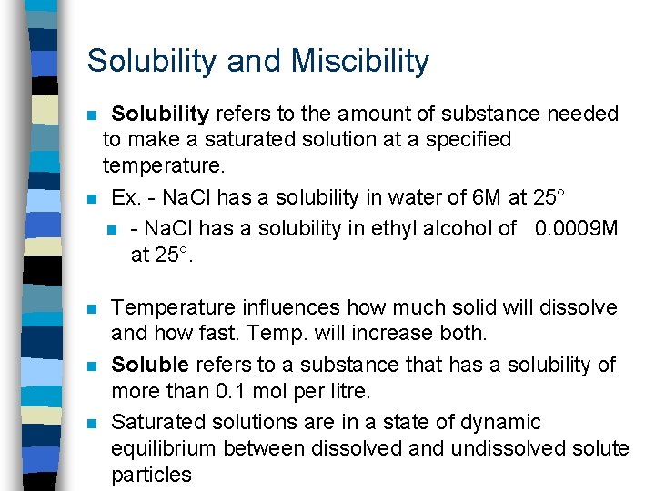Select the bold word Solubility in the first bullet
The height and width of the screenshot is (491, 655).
(160, 115)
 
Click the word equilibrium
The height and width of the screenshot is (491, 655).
(160, 448)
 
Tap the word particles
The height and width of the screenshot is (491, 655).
(151, 475)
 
